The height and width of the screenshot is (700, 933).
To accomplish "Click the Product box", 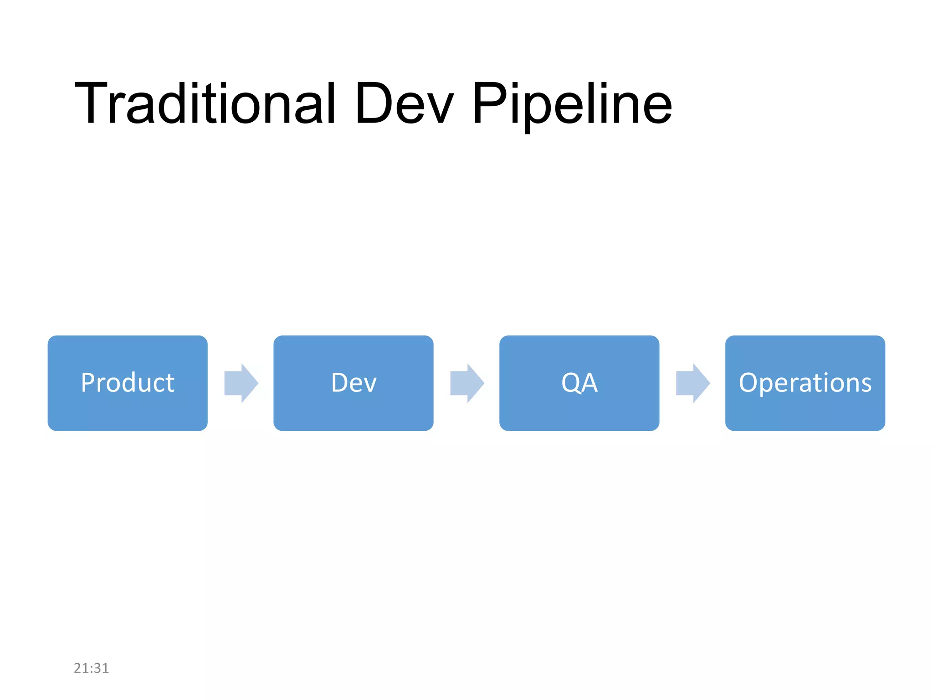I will point(128,383).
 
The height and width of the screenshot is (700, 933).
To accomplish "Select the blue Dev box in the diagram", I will point(353,383).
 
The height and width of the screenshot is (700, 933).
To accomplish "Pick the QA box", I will point(579,383).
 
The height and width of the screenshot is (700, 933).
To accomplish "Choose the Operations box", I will point(805,383).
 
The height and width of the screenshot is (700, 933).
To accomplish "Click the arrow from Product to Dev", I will point(241,383).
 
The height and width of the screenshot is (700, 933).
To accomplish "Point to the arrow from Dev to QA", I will point(467,383).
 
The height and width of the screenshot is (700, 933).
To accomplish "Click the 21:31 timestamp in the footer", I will point(91,668).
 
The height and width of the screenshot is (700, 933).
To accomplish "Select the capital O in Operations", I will point(748,383).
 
